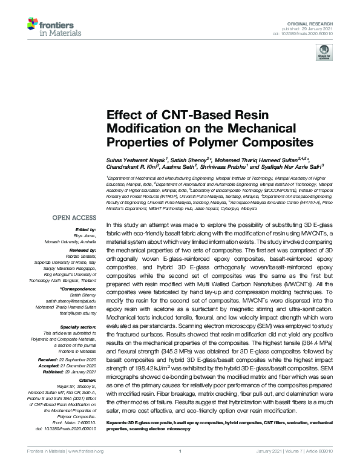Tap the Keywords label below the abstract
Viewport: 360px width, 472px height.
118,422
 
